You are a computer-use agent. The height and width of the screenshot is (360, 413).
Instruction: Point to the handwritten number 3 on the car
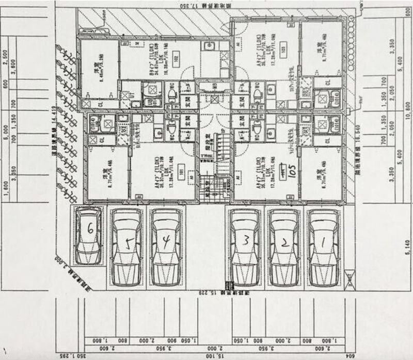click(x=247, y=239)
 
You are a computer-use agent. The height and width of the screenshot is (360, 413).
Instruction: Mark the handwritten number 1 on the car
click(x=324, y=240)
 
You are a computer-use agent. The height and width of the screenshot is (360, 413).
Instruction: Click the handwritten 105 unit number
click(x=292, y=172)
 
